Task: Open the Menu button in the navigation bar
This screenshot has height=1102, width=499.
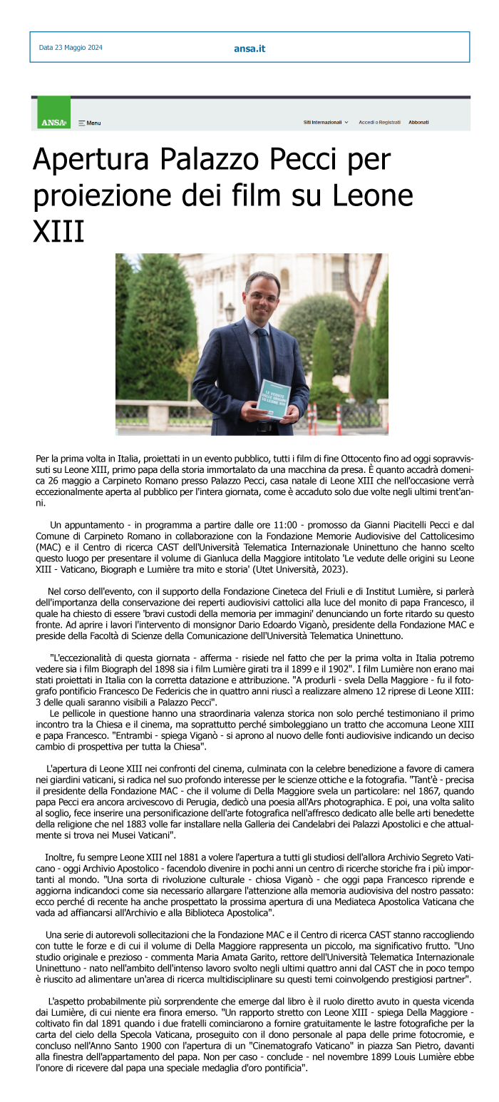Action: [90, 123]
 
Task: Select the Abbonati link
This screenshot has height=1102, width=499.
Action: [418, 122]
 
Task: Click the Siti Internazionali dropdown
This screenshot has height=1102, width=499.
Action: [326, 122]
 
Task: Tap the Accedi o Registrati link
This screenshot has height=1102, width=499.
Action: [379, 122]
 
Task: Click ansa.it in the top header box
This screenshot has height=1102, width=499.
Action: [249, 49]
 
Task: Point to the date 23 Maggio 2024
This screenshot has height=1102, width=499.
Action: [71, 48]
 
